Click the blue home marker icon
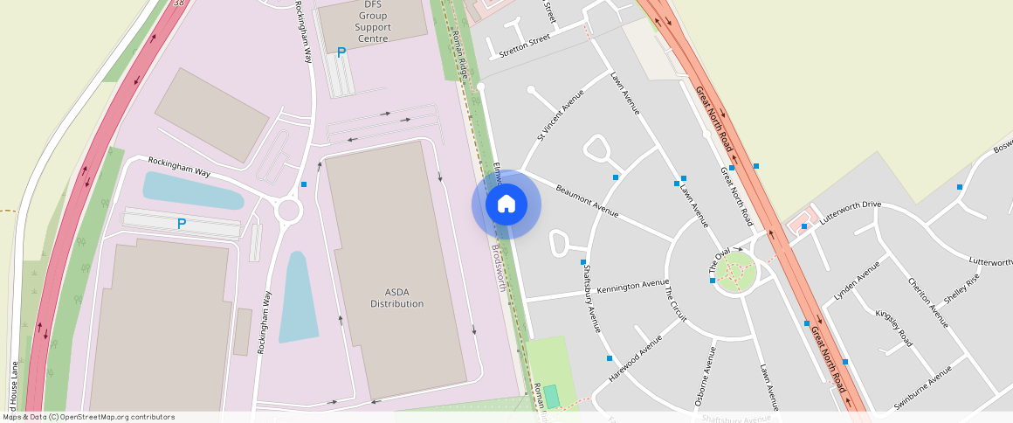click(506, 205)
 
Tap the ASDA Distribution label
click(396, 297)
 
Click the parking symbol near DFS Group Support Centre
click(341, 52)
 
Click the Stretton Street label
click(524, 45)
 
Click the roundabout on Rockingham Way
click(288, 211)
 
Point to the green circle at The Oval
click(734, 274)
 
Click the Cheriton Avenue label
click(927, 302)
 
